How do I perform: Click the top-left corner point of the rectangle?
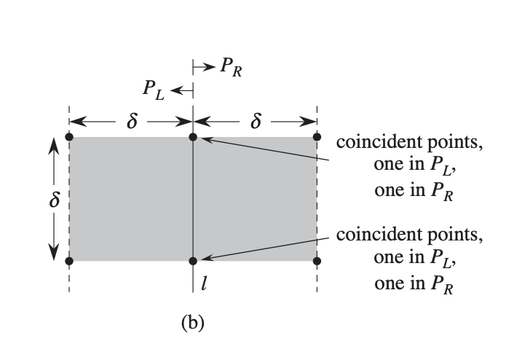pyautogui.click(x=69, y=137)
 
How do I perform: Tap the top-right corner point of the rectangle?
pyautogui.click(x=317, y=137)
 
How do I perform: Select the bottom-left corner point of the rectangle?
pyautogui.click(x=69, y=260)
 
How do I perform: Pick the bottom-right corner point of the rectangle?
pyautogui.click(x=317, y=260)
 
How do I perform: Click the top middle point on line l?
pyautogui.click(x=193, y=137)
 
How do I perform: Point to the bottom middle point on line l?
pyautogui.click(x=193, y=260)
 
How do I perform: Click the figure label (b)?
pyautogui.click(x=192, y=321)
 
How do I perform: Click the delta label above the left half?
pyautogui.click(x=132, y=121)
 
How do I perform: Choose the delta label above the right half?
pyautogui.click(x=255, y=121)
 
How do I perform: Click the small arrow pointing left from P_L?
pyautogui.click(x=182, y=90)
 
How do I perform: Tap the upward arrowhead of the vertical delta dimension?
pyautogui.click(x=54, y=146)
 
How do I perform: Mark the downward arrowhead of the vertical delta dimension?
pyautogui.click(x=54, y=251)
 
